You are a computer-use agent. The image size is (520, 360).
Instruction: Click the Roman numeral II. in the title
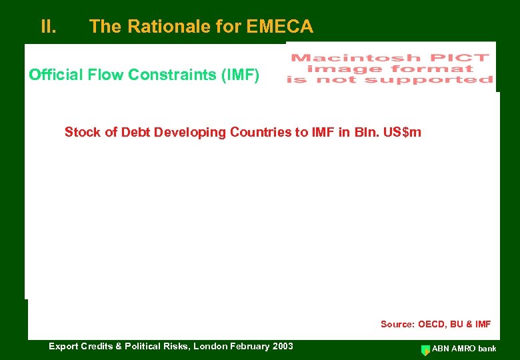[x=48, y=27]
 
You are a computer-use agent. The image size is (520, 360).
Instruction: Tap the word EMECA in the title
[x=279, y=27]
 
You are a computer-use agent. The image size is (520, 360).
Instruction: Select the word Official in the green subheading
[x=54, y=74]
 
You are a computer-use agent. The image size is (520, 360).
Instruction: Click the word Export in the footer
[x=64, y=346]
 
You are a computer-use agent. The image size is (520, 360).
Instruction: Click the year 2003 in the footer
[x=281, y=346]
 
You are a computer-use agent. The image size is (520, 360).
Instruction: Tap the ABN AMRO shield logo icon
[x=425, y=349]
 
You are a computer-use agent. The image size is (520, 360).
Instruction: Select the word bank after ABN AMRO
[x=486, y=349]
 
